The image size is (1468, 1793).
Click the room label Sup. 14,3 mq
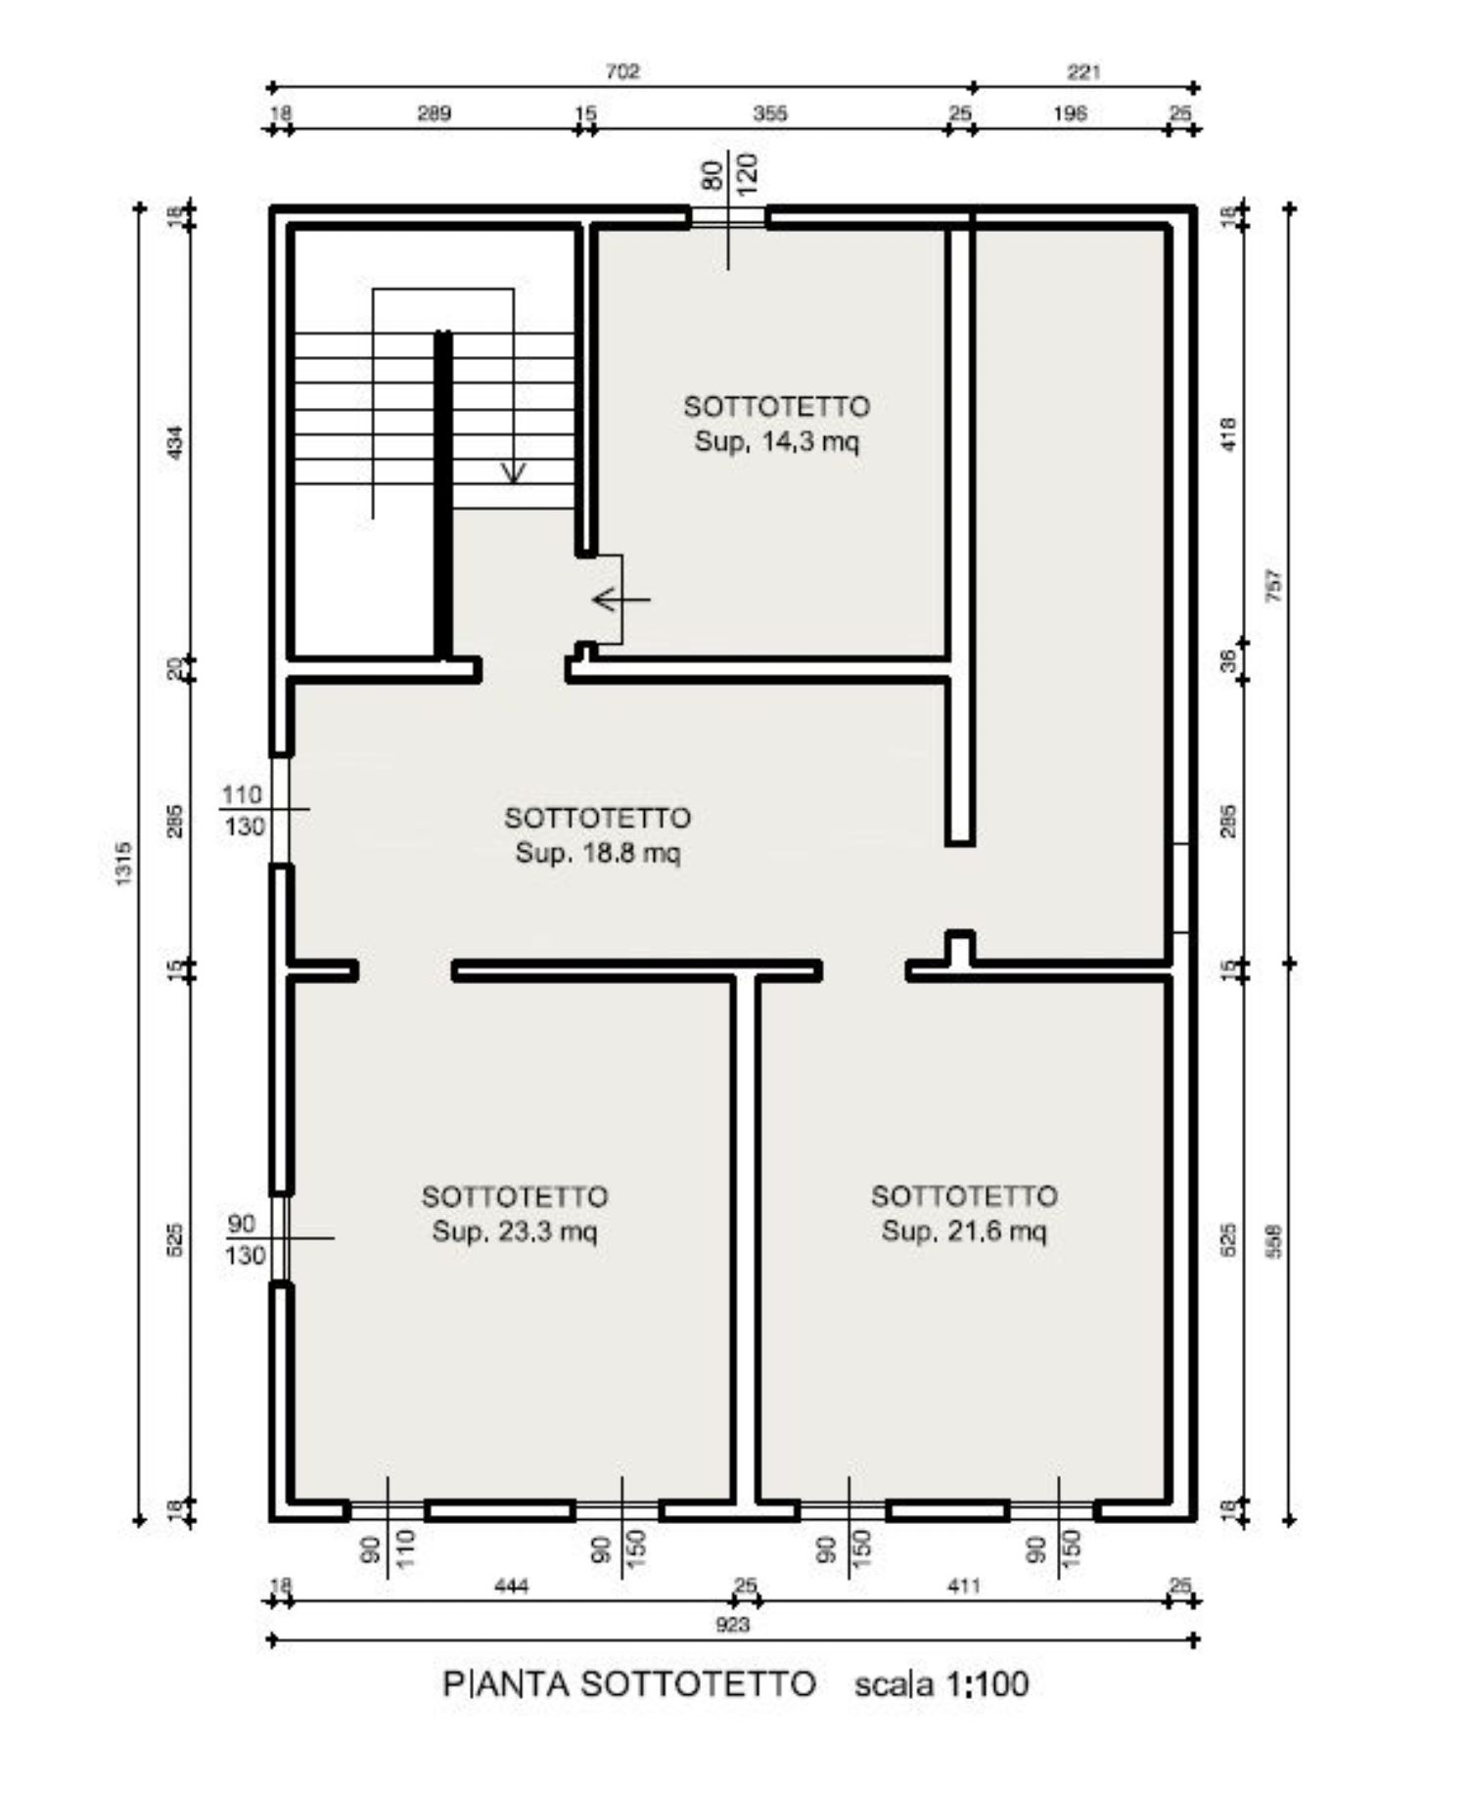tap(777, 442)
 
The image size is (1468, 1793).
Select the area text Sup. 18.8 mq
tap(598, 853)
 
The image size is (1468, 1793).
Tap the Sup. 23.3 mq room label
tap(515, 1232)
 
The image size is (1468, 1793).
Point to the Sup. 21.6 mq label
tap(964, 1231)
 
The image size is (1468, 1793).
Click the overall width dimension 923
tap(733, 1625)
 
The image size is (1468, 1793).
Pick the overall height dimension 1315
tap(123, 864)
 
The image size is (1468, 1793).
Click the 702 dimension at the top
tap(622, 71)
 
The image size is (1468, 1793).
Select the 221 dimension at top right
tap(1084, 71)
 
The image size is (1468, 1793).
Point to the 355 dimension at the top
tap(770, 113)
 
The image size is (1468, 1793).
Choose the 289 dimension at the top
tap(435, 113)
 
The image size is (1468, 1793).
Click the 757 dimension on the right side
tap(1273, 586)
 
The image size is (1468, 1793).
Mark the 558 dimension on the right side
tap(1273, 1240)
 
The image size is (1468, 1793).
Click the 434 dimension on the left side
tap(176, 443)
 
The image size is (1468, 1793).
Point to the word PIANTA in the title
tap(506, 1684)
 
